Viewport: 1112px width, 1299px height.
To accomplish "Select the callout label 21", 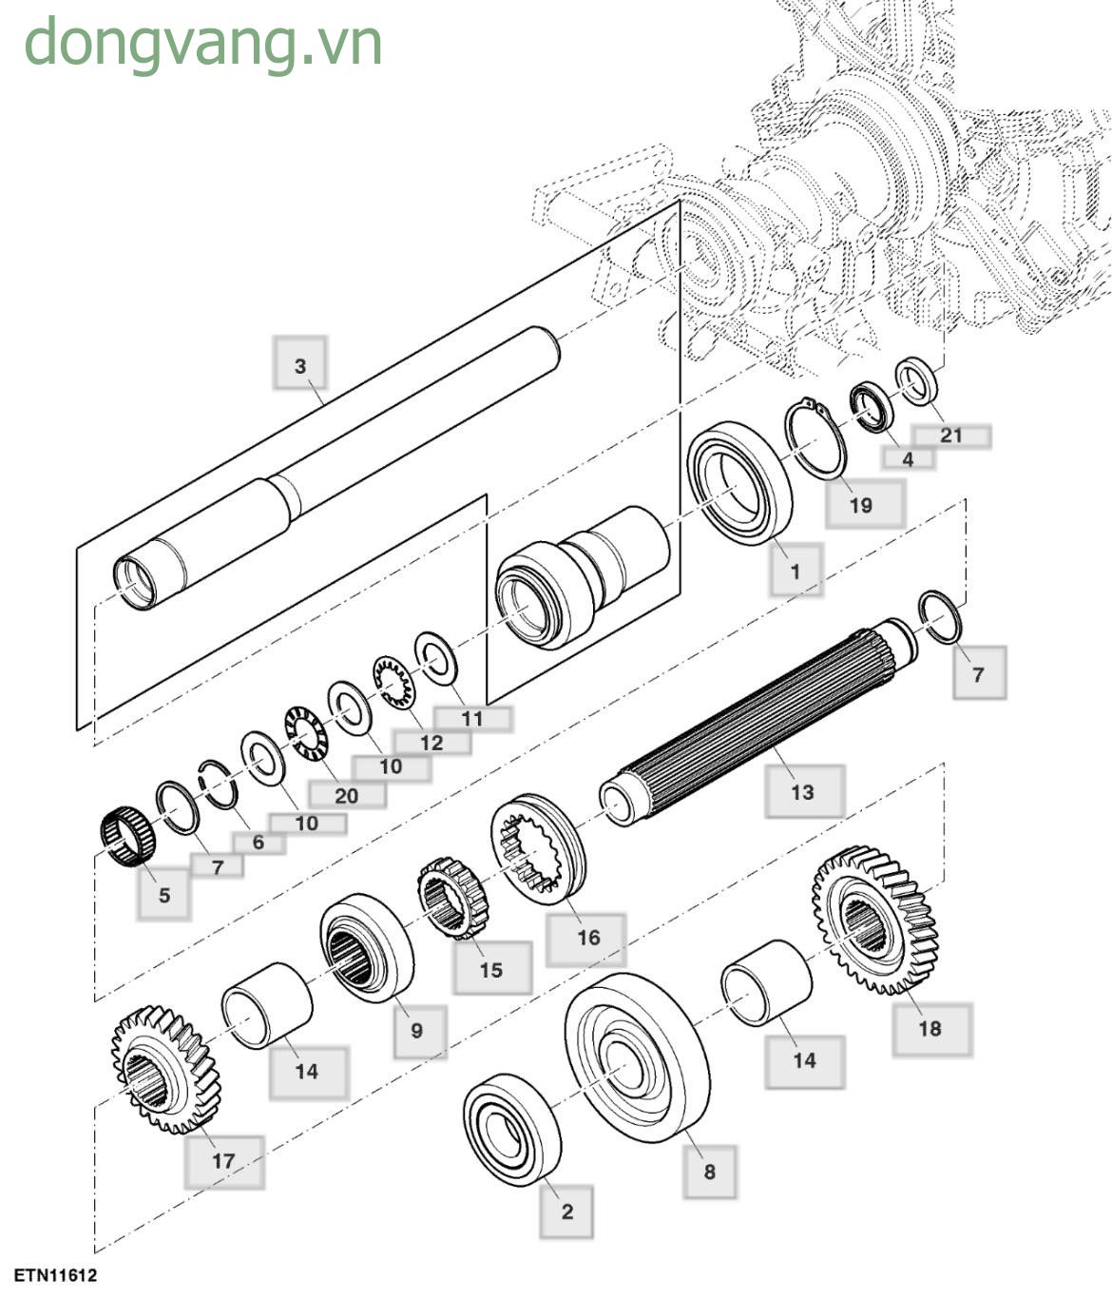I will click(x=950, y=436).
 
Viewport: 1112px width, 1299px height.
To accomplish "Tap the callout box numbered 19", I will click(x=862, y=504).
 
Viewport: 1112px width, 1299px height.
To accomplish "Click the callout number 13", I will click(x=803, y=791).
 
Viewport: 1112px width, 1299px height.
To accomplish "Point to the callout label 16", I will click(x=587, y=938).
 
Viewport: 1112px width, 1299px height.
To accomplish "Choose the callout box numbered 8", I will click(x=709, y=1172).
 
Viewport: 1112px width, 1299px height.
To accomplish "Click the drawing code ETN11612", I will click(x=55, y=1275).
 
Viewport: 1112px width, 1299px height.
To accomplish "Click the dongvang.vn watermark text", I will click(x=202, y=44).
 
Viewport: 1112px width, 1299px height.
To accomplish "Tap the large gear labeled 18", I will click(x=874, y=919).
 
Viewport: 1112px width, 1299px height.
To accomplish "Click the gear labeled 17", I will click(x=165, y=1070).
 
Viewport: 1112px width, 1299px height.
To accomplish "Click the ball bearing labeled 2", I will click(x=511, y=1129).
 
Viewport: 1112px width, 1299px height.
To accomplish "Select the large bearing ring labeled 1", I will click(x=739, y=484).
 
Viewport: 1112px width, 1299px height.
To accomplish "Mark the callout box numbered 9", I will click(x=417, y=1031).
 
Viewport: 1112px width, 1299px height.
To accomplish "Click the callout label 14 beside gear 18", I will click(x=804, y=1060).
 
